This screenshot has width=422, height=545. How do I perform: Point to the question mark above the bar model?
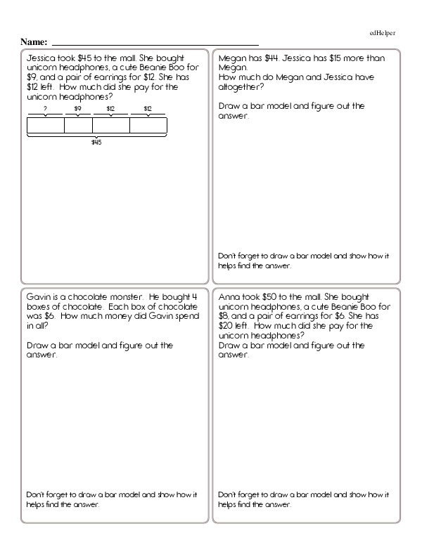pos(45,108)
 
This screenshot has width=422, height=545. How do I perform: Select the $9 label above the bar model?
pos(78,108)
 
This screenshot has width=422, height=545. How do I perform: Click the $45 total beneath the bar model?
pos(96,143)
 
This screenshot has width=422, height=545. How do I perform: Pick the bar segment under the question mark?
pos(46,125)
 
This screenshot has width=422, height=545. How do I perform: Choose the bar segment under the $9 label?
pos(78,125)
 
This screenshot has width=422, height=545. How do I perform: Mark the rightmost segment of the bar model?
pos(148,125)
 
